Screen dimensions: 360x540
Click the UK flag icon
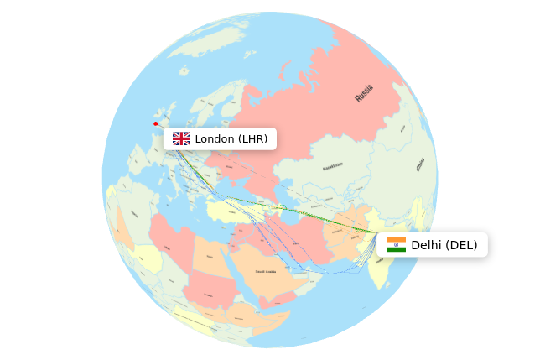tap(181, 138)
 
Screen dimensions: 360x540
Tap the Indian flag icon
tap(396, 245)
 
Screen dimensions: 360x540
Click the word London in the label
tap(215, 138)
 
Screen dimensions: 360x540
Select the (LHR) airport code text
tap(252, 138)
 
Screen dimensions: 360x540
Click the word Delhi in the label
tap(426, 245)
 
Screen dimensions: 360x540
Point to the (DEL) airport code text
tap(461, 245)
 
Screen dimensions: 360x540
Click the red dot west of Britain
tap(155, 123)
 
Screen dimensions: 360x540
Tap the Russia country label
tap(364, 92)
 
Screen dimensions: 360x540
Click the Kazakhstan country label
tap(333, 167)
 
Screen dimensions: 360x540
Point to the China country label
tap(419, 165)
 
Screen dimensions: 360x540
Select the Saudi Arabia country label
tap(267, 271)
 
